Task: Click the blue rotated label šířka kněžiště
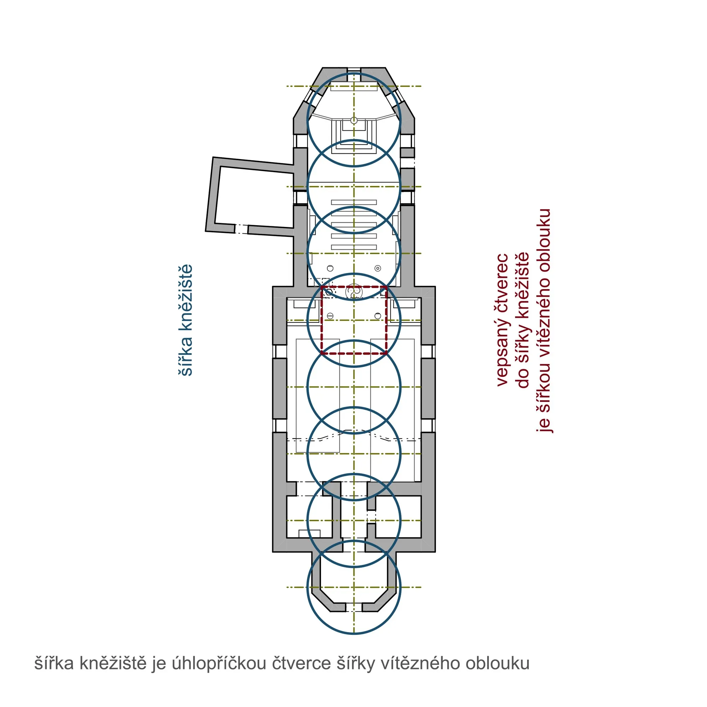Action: [x=186, y=320]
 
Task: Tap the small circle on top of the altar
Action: [x=353, y=120]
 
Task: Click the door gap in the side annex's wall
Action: [x=241, y=229]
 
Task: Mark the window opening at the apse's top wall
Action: [x=354, y=70]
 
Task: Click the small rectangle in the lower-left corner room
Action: [x=310, y=533]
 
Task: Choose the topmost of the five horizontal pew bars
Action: [x=354, y=202]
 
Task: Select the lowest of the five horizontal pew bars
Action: [x=354, y=247]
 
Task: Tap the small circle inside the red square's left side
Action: [x=330, y=315]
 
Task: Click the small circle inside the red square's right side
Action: [x=378, y=315]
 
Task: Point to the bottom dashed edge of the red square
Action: [x=354, y=353]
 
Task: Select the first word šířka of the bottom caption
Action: [x=54, y=663]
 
